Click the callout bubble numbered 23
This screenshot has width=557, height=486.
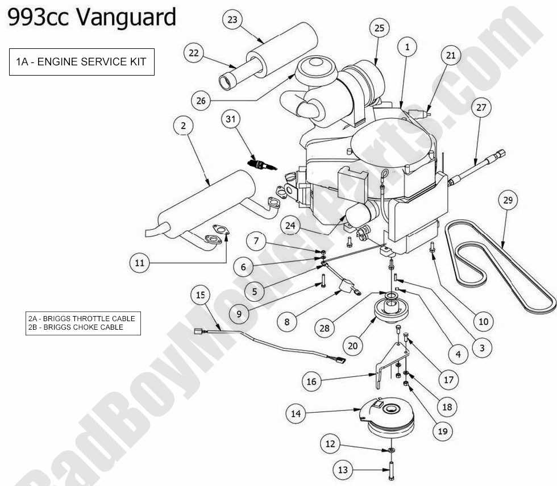point(232,19)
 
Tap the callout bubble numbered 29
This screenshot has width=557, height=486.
point(508,200)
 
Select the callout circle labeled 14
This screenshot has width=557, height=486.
point(296,414)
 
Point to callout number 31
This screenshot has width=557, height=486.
point(231,119)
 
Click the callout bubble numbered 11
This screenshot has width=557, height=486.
point(140,263)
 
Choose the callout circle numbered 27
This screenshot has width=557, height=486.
point(481,107)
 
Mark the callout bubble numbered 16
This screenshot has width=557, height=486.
point(311,381)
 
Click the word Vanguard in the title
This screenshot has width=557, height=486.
point(126,17)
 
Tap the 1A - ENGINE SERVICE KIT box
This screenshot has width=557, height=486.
point(82,62)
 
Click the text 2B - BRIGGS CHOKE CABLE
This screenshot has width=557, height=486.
point(76,327)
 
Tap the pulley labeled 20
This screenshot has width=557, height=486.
point(391,309)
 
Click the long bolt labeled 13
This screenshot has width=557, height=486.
point(392,470)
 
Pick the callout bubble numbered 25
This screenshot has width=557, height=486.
point(380,28)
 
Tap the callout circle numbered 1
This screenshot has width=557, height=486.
point(407,47)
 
